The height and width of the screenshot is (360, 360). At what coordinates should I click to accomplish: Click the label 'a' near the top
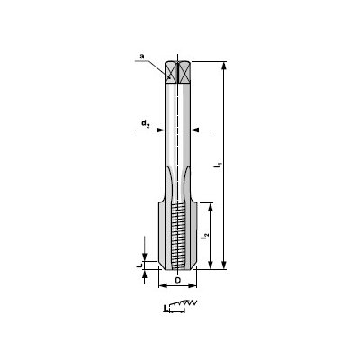coord(141,57)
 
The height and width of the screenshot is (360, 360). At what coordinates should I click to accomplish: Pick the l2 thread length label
coord(205,235)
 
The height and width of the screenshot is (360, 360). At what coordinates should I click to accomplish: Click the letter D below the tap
coord(177,281)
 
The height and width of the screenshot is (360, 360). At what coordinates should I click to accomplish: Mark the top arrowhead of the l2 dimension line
coord(211,206)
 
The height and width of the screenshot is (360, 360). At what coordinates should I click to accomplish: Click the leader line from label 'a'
coord(157,66)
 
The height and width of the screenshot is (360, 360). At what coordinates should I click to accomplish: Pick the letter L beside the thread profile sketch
coord(165,309)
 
